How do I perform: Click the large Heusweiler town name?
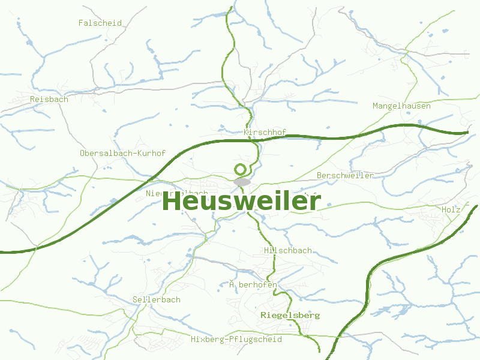pos(241,202)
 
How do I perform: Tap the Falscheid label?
pos(100,23)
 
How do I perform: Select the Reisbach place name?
pos(49,100)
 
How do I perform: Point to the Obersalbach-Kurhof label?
pos(122,154)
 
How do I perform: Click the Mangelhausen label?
pos(401,106)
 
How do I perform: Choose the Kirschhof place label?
pos(265,133)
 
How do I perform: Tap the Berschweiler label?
pos(345,176)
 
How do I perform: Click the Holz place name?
pos(451,210)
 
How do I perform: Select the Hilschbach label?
pos(287,250)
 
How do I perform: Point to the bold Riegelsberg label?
pos(290,315)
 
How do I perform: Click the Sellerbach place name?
pos(156,300)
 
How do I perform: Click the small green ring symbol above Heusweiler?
pos(241,169)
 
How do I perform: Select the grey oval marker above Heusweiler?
pos(242,181)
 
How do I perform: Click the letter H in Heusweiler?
pos(172,202)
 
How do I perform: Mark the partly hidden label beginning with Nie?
pos(157,193)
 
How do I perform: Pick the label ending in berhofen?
pos(253,284)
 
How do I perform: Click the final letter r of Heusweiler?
pos(316,202)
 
